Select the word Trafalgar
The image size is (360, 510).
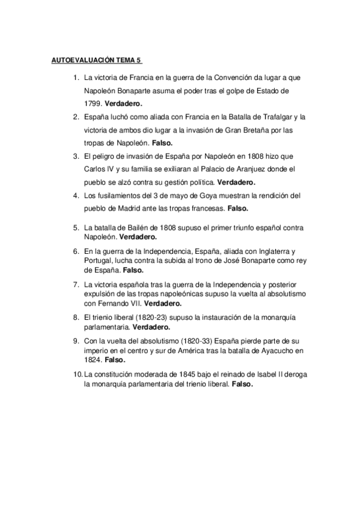(x=268, y=117)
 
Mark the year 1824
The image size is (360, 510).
(x=94, y=360)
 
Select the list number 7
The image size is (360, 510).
(x=76, y=284)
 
